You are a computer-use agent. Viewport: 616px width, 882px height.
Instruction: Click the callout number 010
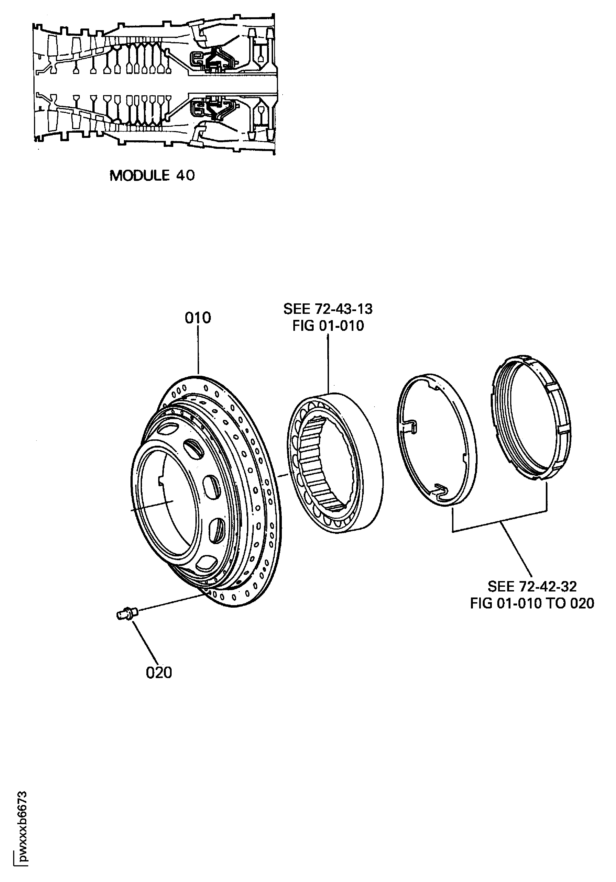pyautogui.click(x=198, y=318)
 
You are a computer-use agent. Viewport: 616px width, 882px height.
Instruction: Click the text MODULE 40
pyautogui.click(x=152, y=176)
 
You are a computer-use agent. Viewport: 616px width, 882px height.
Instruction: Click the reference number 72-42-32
pyautogui.click(x=547, y=587)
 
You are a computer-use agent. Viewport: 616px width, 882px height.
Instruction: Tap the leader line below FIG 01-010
pyautogui.click(x=328, y=363)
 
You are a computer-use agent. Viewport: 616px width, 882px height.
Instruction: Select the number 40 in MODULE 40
pyautogui.click(x=185, y=176)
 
